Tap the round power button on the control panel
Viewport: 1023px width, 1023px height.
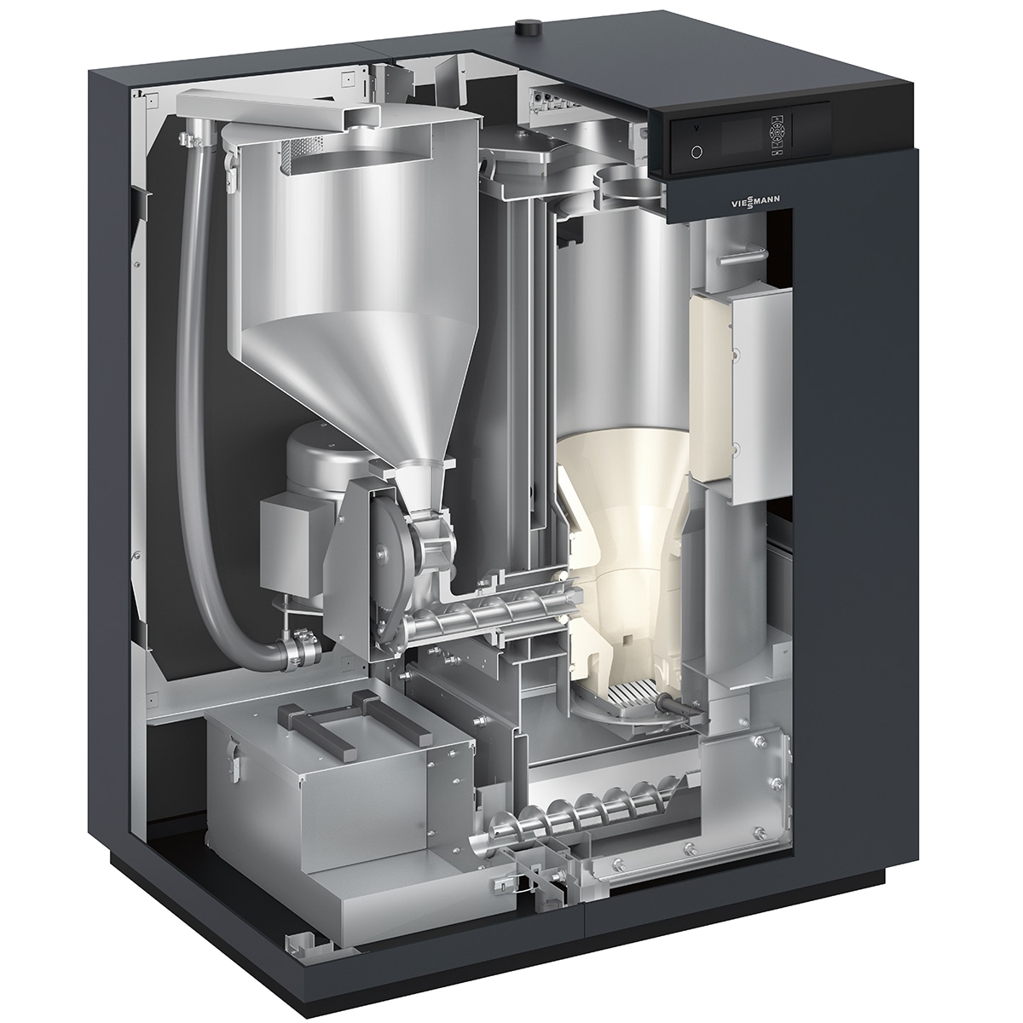click(x=696, y=152)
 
